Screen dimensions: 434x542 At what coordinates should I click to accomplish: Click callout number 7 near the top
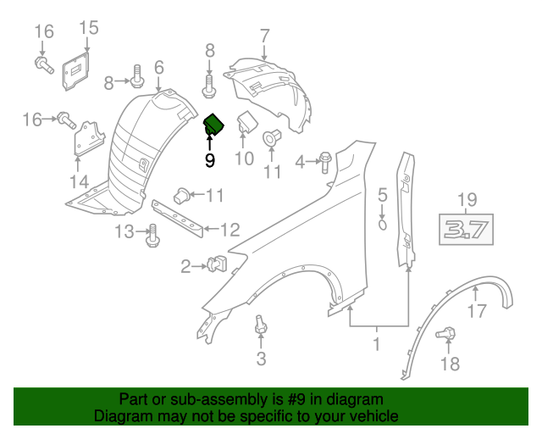264,36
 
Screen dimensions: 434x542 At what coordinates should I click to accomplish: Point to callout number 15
88,28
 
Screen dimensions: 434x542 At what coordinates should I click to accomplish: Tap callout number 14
79,181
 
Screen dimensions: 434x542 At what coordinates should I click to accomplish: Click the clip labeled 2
216,266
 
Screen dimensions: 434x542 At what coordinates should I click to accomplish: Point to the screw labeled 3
260,325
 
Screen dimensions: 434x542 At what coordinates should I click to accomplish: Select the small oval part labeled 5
382,225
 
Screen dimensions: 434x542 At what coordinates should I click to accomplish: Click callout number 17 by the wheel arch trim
478,311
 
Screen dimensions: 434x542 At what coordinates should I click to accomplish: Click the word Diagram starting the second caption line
124,417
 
